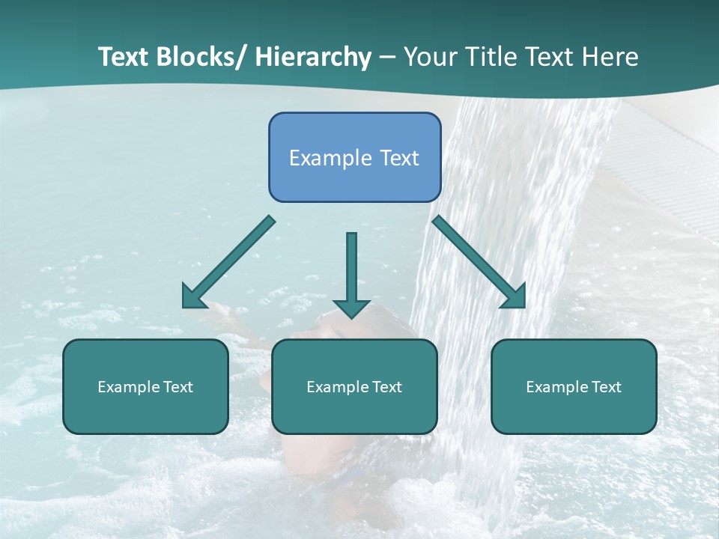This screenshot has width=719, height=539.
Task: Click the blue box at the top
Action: (354, 157)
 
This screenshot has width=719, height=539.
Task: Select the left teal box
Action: (145, 386)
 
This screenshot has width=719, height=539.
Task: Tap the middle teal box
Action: (354, 386)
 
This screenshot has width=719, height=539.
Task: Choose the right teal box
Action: (574, 386)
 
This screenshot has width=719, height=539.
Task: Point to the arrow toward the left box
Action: (228, 262)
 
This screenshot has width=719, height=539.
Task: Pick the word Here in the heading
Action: (610, 58)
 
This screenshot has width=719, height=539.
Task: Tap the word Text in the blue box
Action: (399, 158)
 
